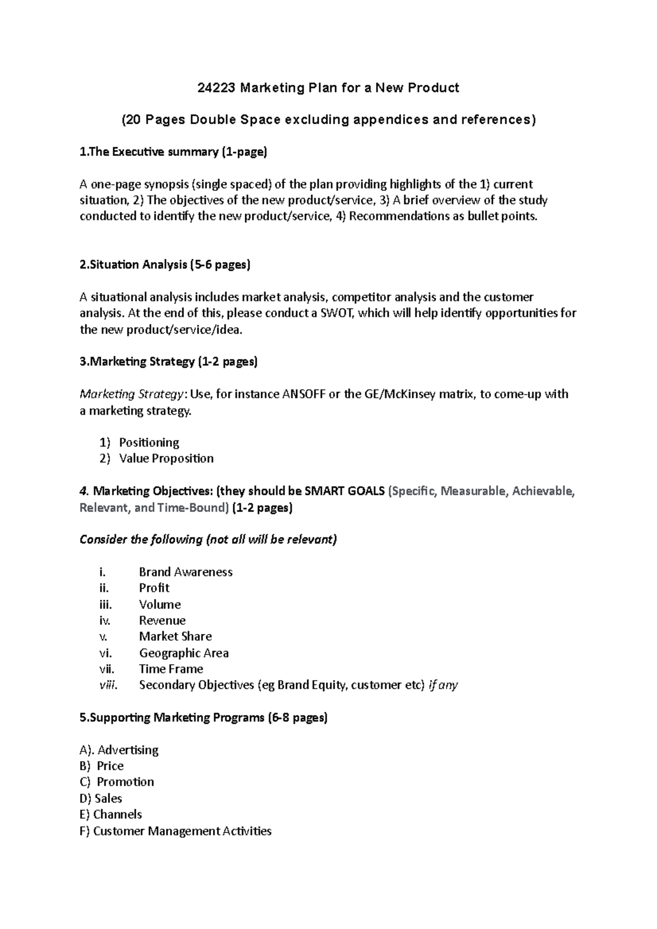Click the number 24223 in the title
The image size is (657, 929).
click(216, 88)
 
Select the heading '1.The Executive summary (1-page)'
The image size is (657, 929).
click(173, 152)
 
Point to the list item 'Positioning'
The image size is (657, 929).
click(149, 442)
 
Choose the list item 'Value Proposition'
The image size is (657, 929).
click(166, 458)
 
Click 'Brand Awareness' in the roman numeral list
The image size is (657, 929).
click(186, 572)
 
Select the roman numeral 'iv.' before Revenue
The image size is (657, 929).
click(105, 620)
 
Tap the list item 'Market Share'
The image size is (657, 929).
click(175, 636)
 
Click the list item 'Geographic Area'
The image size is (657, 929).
click(183, 653)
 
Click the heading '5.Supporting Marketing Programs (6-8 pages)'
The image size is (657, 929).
click(203, 717)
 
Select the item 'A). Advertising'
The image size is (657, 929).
click(119, 750)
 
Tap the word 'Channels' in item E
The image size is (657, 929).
click(117, 814)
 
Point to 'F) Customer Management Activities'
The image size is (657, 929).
click(175, 831)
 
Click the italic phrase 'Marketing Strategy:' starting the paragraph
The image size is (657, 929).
click(133, 394)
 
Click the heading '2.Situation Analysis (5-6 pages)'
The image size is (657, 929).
click(165, 265)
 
